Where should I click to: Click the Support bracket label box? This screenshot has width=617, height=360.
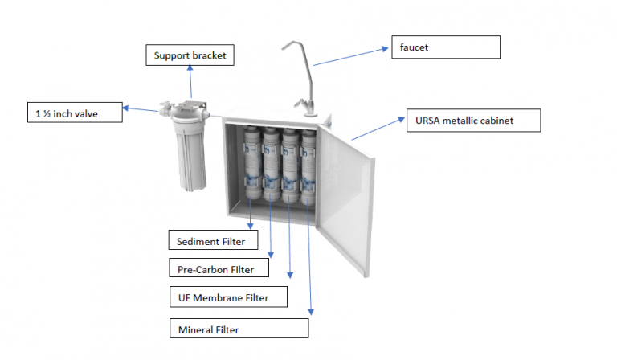click(190, 56)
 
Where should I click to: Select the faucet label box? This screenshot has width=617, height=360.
click(444, 47)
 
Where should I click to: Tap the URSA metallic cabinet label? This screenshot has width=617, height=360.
click(471, 121)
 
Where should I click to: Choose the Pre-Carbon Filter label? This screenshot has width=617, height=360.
click(221, 268)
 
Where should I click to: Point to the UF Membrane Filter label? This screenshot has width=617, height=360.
click(228, 297)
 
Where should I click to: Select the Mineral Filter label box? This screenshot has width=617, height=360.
click(239, 329)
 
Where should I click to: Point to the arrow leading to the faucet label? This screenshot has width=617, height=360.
click(349, 56)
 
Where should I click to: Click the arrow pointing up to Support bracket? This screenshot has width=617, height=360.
click(190, 83)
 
